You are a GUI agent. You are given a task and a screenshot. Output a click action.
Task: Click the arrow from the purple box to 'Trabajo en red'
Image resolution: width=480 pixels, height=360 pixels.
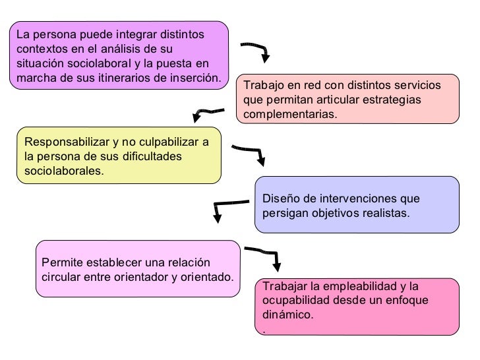click(x=256, y=50)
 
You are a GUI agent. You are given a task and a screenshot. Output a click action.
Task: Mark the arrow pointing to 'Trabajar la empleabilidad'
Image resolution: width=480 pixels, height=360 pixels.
click(x=264, y=255)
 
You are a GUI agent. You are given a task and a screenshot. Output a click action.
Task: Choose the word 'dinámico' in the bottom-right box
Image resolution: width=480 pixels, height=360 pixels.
click(x=287, y=315)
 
